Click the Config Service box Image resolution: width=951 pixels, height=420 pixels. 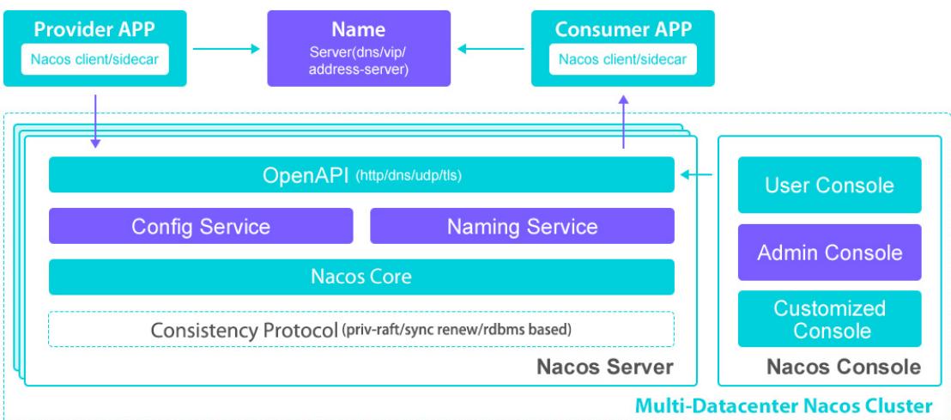click(x=201, y=226)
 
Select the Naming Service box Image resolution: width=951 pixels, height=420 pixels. click(x=522, y=226)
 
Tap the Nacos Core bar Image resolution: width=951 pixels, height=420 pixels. click(x=361, y=277)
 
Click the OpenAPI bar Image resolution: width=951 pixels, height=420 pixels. click(x=361, y=175)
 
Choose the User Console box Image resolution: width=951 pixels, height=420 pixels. click(x=830, y=186)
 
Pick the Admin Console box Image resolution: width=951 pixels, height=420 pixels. click(x=830, y=253)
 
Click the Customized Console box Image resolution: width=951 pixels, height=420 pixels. click(x=830, y=319)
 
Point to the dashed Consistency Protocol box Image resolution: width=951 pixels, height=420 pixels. click(x=361, y=330)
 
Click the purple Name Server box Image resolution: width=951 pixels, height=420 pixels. click(x=359, y=49)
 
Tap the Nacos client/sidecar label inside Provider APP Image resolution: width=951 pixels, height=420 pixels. click(x=95, y=59)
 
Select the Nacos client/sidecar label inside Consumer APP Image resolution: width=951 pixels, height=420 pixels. click(x=623, y=59)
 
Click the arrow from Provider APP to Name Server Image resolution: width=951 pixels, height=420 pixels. click(x=227, y=49)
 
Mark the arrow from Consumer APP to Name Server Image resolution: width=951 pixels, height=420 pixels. click(x=491, y=49)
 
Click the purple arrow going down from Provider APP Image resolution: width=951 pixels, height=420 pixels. click(x=95, y=121)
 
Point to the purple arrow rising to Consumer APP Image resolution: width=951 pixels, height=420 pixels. click(x=623, y=121)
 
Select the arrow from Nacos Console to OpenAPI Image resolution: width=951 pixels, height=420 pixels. click(x=697, y=175)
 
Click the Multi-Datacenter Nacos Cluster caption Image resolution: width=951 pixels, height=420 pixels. click(x=784, y=405)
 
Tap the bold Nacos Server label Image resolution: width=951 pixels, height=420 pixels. click(x=605, y=368)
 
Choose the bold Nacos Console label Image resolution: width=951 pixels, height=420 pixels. click(x=844, y=367)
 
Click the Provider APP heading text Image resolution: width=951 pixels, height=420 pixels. click(x=94, y=29)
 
